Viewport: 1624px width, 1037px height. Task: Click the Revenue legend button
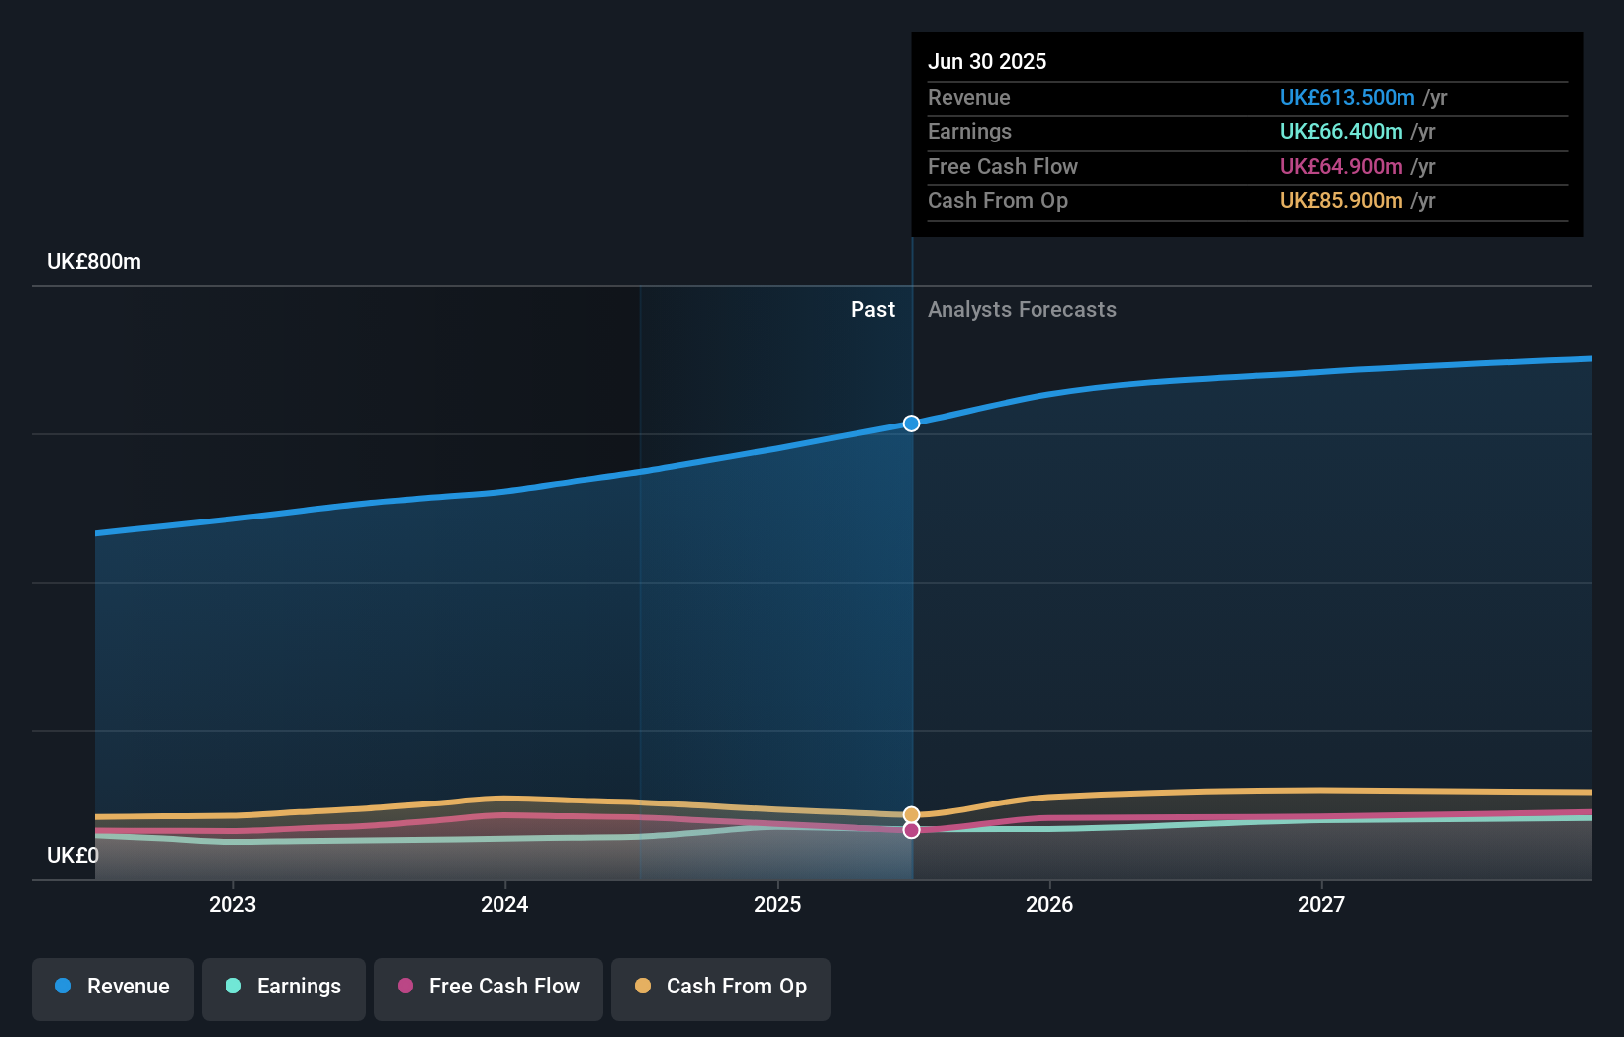[113, 987]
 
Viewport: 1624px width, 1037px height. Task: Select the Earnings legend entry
[284, 987]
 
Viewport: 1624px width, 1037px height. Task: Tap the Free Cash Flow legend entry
[489, 987]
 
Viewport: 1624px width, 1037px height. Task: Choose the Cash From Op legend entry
[721, 987]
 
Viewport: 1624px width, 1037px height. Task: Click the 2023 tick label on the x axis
[232, 904]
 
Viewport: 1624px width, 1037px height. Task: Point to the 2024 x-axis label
[504, 904]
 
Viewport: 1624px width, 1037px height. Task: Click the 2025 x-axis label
[777, 904]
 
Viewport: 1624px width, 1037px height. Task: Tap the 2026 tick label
[1049, 904]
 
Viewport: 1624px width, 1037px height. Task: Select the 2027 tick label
[1321, 904]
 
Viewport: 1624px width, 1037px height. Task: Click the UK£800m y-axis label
[95, 262]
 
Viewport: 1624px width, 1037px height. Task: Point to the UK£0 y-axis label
[73, 855]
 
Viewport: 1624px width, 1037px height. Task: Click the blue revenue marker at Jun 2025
[911, 424]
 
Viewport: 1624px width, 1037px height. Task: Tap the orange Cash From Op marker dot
[911, 815]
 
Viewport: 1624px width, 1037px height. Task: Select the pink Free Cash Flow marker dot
[911, 830]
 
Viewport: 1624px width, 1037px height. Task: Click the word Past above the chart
[872, 310]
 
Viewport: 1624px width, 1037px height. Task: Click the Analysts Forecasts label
[1022, 310]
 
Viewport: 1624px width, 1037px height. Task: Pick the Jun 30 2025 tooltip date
[987, 61]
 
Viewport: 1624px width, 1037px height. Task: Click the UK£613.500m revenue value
[1347, 97]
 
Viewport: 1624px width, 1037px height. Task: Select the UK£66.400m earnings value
[1341, 131]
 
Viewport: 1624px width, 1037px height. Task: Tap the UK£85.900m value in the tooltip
[1341, 200]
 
